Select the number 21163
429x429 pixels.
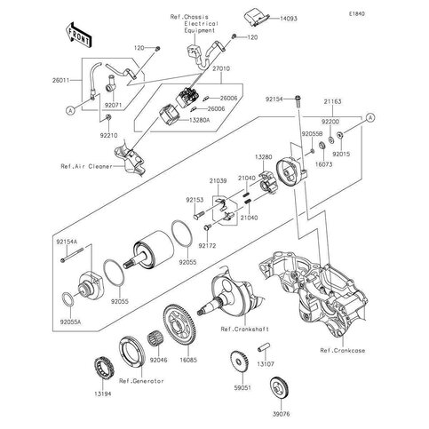tap(333, 104)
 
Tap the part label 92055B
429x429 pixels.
tap(311, 131)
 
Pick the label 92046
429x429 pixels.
tap(158, 361)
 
